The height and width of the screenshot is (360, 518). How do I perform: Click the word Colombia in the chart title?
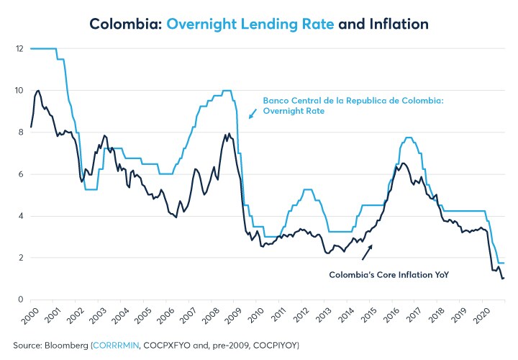click(x=124, y=24)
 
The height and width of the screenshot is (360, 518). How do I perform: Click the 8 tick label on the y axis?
click(x=19, y=132)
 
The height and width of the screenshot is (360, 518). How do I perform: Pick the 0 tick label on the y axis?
click(x=19, y=300)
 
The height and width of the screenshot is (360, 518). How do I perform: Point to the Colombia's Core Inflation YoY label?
click(x=389, y=274)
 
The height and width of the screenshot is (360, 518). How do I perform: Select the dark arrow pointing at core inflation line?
click(x=366, y=251)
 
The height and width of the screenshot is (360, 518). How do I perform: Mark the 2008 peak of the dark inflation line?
click(x=229, y=134)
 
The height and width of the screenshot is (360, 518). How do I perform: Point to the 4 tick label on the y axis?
click(x=19, y=216)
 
